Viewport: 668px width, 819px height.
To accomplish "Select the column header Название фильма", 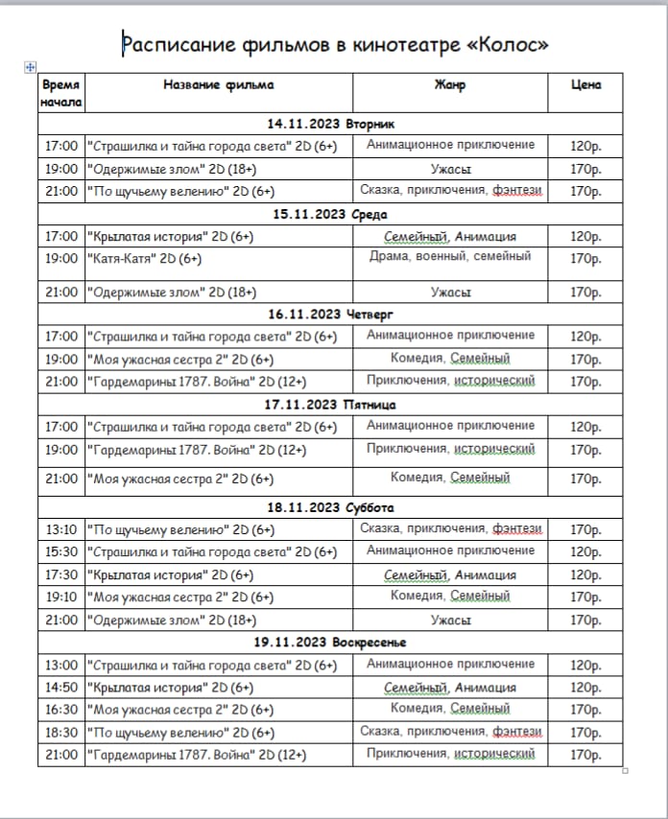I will pyautogui.click(x=218, y=84).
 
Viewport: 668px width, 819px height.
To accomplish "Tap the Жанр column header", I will pyautogui.click(x=449, y=84).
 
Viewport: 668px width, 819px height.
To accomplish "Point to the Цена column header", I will pyautogui.click(x=585, y=84).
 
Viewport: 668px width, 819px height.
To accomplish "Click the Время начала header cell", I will pyautogui.click(x=61, y=93).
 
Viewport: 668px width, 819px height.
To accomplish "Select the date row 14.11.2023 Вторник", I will pyautogui.click(x=330, y=124).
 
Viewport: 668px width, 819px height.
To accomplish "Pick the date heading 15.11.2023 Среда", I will pyautogui.click(x=330, y=214).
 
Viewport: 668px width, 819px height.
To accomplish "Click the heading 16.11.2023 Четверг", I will pyautogui.click(x=330, y=314).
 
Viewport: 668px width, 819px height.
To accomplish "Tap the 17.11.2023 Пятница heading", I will pyautogui.click(x=330, y=404).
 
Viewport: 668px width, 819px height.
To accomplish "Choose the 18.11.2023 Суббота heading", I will pyautogui.click(x=330, y=507).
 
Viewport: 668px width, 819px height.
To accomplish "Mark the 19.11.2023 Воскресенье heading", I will pyautogui.click(x=330, y=642).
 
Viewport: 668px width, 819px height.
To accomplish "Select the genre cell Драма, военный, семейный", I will pyautogui.click(x=449, y=256).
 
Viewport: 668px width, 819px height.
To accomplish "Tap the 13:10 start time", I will pyautogui.click(x=61, y=529).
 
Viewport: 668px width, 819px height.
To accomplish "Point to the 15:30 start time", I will pyautogui.click(x=61, y=551).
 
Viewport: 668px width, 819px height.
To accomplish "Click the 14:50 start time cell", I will pyautogui.click(x=61, y=688).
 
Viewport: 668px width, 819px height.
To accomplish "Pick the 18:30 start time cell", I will pyautogui.click(x=61, y=733).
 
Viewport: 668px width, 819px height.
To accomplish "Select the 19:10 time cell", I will pyautogui.click(x=61, y=597).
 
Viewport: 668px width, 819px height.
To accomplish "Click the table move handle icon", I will pyautogui.click(x=30, y=66).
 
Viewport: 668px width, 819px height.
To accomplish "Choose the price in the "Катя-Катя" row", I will pyautogui.click(x=585, y=258).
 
